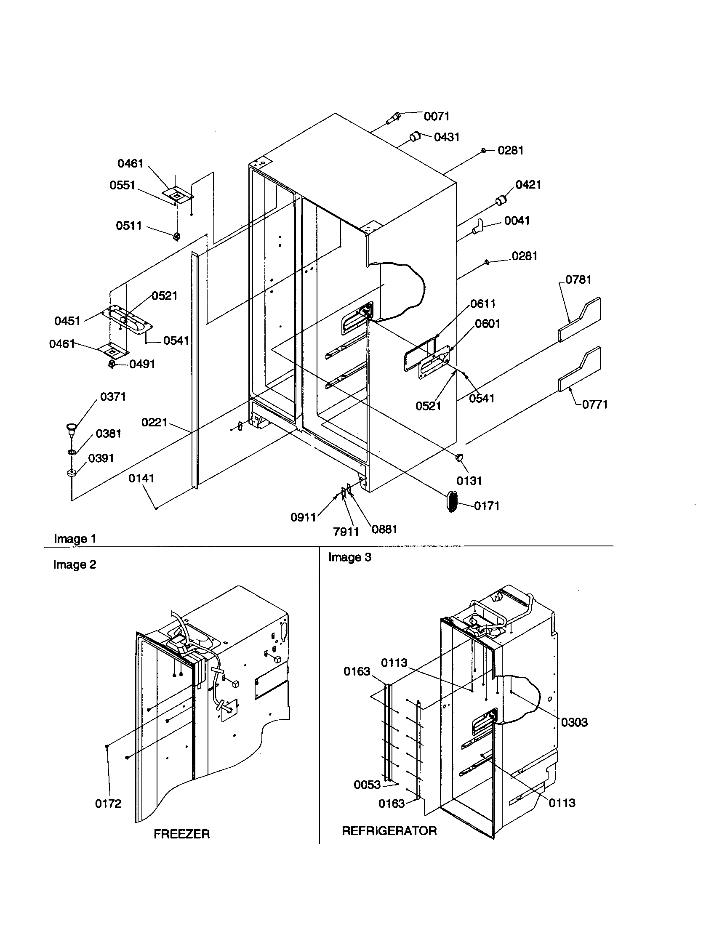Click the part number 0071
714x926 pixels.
point(436,116)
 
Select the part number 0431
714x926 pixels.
point(447,137)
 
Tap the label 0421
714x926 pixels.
point(528,184)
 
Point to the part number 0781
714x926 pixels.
point(578,279)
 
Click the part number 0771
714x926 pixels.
point(594,404)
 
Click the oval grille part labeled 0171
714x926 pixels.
point(453,502)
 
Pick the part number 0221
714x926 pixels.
point(155,422)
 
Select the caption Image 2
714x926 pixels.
point(75,565)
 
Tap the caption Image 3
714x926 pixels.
point(349,557)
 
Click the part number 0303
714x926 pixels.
point(574,722)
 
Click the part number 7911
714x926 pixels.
point(346,532)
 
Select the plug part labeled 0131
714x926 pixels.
point(460,458)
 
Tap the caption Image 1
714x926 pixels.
point(75,539)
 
